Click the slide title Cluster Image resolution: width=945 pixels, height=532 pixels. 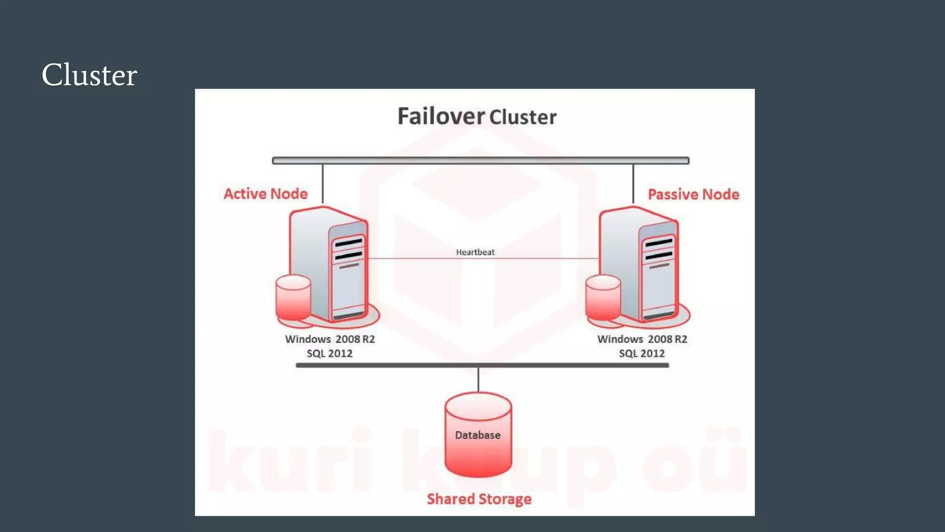pyautogui.click(x=89, y=75)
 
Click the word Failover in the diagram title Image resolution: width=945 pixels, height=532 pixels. pyautogui.click(x=441, y=116)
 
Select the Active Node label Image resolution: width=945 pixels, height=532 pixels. pyautogui.click(x=265, y=194)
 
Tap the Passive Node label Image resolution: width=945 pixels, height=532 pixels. pyautogui.click(x=693, y=194)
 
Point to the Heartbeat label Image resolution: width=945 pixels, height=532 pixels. pyautogui.click(x=475, y=252)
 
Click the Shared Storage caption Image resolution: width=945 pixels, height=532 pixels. pyautogui.click(x=479, y=499)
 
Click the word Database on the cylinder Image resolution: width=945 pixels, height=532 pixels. pyautogui.click(x=478, y=435)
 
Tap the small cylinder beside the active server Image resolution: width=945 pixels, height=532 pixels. pyautogui.click(x=293, y=298)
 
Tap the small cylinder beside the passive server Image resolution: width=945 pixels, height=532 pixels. pyautogui.click(x=603, y=298)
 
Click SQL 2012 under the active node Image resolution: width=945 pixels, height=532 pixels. pyautogui.click(x=329, y=354)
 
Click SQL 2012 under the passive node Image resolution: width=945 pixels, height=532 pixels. pyautogui.click(x=641, y=354)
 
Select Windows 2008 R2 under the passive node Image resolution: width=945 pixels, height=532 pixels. pyautogui.click(x=642, y=339)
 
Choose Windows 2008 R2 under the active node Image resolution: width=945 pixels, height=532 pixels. pyautogui.click(x=330, y=339)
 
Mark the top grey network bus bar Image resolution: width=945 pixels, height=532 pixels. pyautogui.click(x=480, y=161)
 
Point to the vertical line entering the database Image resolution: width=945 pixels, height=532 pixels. pyautogui.click(x=478, y=380)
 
